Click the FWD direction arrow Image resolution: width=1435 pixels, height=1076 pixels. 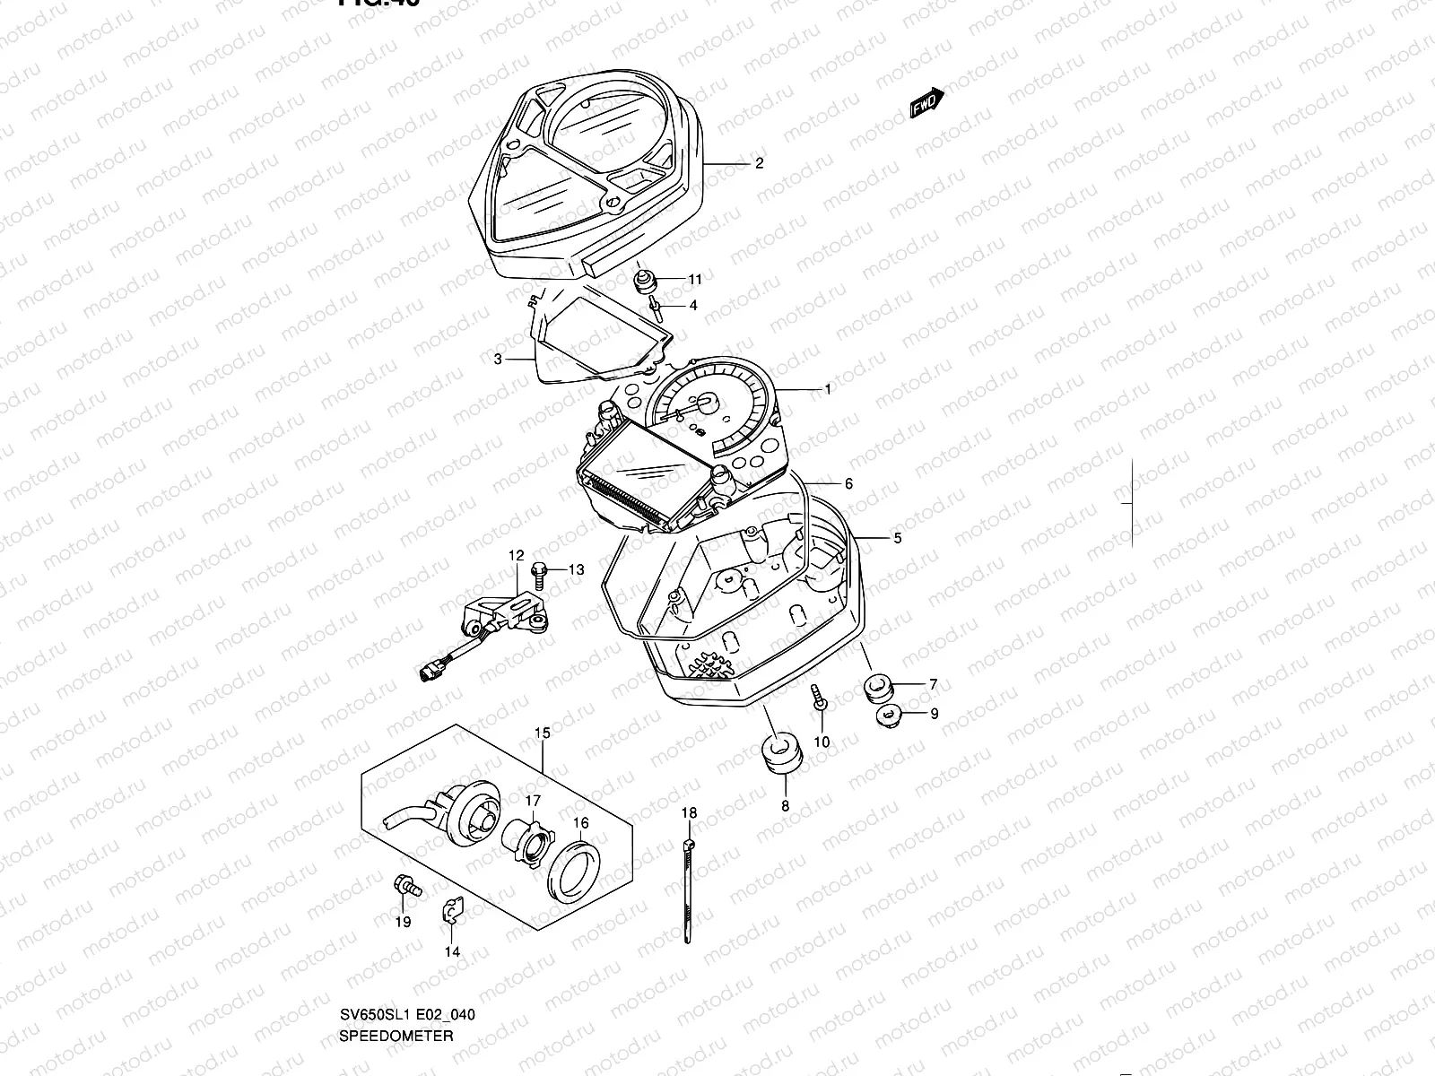[x=926, y=103]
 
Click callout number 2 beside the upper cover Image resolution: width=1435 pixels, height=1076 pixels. [x=759, y=163]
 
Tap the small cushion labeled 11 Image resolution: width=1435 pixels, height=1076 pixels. [x=643, y=282]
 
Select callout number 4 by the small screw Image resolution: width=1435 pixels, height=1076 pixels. [x=693, y=305]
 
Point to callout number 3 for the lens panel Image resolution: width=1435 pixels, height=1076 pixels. [x=498, y=360]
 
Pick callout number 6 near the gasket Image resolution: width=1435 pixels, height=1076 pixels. [x=848, y=484]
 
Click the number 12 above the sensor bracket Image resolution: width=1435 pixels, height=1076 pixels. [x=516, y=556]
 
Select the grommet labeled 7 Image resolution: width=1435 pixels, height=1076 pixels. [x=875, y=689]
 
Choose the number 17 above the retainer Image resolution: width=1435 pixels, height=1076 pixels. [x=533, y=800]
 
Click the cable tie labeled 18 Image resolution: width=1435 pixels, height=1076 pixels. [x=687, y=888]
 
